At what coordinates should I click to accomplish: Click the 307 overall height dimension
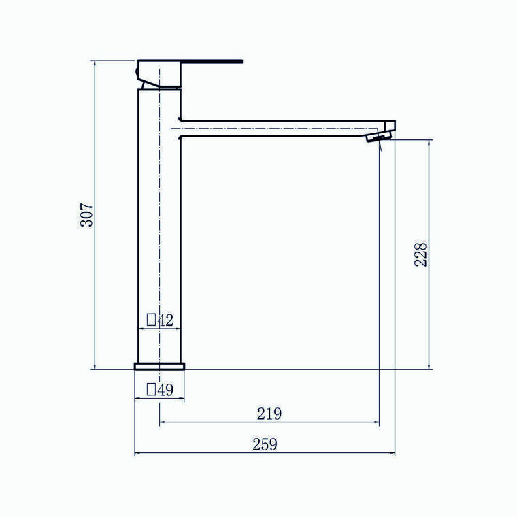point(87,215)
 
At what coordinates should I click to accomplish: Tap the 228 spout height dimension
point(420,254)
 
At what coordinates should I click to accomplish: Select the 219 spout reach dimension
point(269,414)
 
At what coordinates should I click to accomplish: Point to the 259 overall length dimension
point(265,444)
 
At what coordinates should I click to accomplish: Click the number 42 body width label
point(165,320)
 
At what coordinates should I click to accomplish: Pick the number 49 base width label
point(165,390)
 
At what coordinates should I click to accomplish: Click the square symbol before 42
point(151,320)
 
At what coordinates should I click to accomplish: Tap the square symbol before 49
point(151,389)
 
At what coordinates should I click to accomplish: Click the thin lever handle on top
point(212,62)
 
